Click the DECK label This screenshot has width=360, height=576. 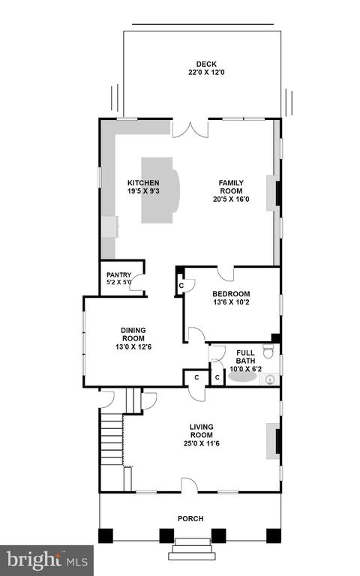coord(206,64)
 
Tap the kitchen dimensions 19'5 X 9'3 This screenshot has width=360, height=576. coord(143,191)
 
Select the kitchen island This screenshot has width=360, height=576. coord(160,190)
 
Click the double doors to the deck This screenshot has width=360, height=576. coord(190,130)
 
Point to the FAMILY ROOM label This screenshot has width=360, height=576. coord(231,187)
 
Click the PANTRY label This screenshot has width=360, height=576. coord(118,274)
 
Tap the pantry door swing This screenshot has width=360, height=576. coord(136,283)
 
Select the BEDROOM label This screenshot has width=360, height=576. coord(231,294)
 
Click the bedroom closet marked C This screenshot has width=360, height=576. coord(181,286)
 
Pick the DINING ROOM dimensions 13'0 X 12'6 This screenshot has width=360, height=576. coord(133,346)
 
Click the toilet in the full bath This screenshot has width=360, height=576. coord(268,351)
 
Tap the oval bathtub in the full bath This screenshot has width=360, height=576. coord(242,377)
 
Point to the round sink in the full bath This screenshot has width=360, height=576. coord(271,379)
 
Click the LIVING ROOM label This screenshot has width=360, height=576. coord(201,431)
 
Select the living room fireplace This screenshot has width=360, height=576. coord(274,441)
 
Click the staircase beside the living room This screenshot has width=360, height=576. coord(111,439)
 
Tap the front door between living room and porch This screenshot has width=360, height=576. coord(190,485)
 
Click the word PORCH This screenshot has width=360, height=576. coord(190,519)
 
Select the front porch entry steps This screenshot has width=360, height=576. coord(193,548)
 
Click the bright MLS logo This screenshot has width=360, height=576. coord(47,559)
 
